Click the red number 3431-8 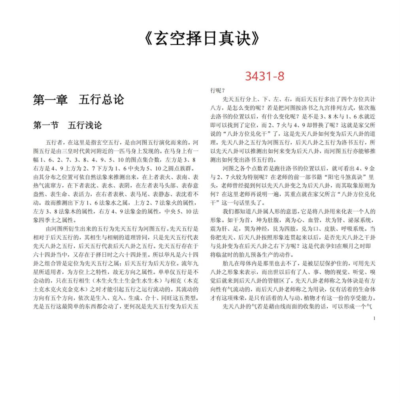coord(264,76)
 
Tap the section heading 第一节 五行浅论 coord(68,125)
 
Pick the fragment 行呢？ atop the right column coord(217,91)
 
